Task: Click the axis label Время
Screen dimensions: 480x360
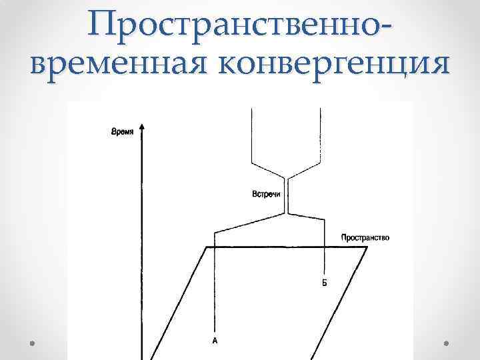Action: pyautogui.click(x=122, y=132)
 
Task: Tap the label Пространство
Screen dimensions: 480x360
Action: pyautogui.click(x=365, y=237)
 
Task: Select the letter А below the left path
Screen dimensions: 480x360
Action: pyautogui.click(x=215, y=341)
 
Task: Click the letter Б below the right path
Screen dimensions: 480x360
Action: pyautogui.click(x=324, y=283)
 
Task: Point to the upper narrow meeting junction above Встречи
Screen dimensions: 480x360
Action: pyautogui.click(x=287, y=179)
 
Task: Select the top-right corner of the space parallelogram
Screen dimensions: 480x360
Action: pyautogui.click(x=367, y=247)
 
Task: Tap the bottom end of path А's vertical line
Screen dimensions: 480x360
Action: pyautogui.click(x=215, y=330)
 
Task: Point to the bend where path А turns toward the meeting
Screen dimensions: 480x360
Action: pyautogui.click(x=215, y=232)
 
